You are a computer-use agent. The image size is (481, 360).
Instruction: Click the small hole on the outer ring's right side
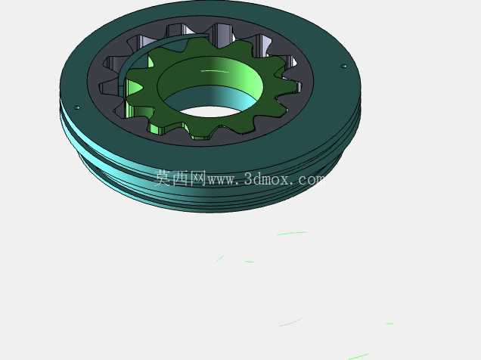(344, 66)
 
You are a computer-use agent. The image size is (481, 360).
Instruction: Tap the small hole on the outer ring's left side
(77, 107)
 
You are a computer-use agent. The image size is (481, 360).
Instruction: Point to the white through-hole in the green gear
(209, 111)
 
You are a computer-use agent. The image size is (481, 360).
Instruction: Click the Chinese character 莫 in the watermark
(163, 178)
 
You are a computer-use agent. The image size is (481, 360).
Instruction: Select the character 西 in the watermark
(180, 178)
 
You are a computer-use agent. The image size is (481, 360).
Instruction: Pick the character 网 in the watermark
(198, 178)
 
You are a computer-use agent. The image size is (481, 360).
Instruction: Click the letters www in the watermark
(222, 180)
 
